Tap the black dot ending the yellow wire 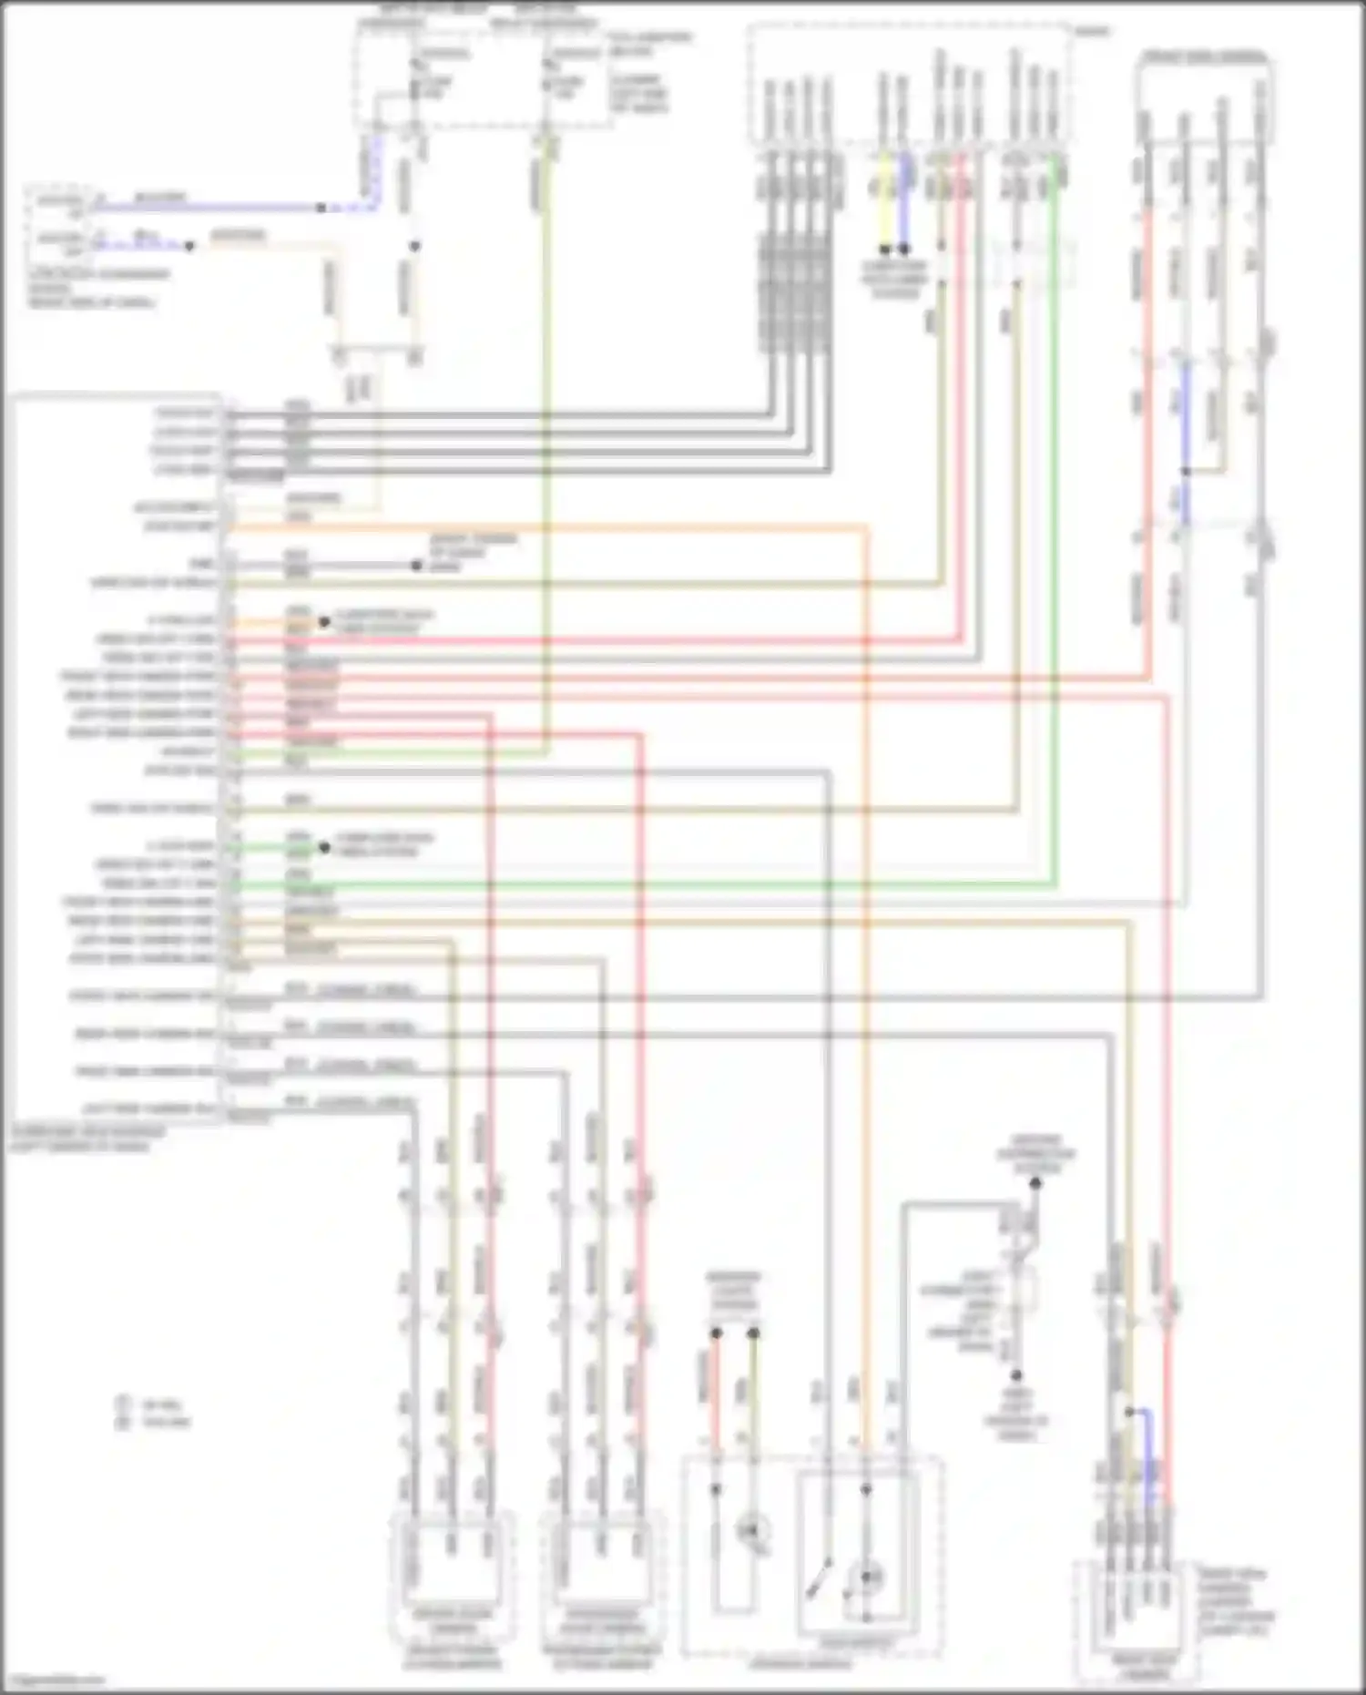tap(884, 249)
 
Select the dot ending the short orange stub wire tap(324, 622)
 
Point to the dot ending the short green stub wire tap(324, 847)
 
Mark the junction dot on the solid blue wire tap(321, 208)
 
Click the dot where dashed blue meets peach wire tap(189, 246)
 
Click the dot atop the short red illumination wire tap(717, 1333)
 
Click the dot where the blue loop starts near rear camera tap(1129, 1412)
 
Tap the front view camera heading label tap(1204, 56)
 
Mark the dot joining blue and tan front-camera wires tap(1185, 471)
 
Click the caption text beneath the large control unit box tap(87, 1139)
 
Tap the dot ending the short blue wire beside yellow tap(904, 249)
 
